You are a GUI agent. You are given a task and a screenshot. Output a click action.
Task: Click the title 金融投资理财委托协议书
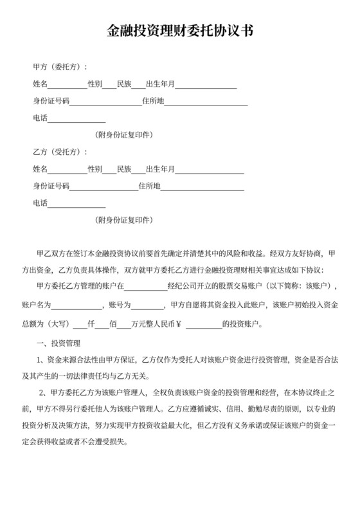(179, 30)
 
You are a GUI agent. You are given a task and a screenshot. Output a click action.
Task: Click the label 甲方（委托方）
(60, 67)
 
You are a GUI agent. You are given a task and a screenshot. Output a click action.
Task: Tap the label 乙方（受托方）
(60, 152)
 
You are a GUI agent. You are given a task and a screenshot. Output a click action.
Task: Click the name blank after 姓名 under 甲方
(67, 85)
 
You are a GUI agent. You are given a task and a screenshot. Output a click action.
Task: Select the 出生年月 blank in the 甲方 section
(206, 85)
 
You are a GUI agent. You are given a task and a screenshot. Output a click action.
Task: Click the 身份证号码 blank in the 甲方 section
(105, 102)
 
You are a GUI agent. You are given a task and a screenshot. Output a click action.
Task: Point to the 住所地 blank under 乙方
(202, 187)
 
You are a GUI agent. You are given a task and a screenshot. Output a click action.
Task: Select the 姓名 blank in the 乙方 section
(67, 170)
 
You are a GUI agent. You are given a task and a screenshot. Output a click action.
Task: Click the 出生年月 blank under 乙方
(210, 170)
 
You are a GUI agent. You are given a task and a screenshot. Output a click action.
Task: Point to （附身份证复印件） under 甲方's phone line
(123, 135)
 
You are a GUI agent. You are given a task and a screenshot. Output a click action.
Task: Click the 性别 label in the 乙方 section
(94, 170)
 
